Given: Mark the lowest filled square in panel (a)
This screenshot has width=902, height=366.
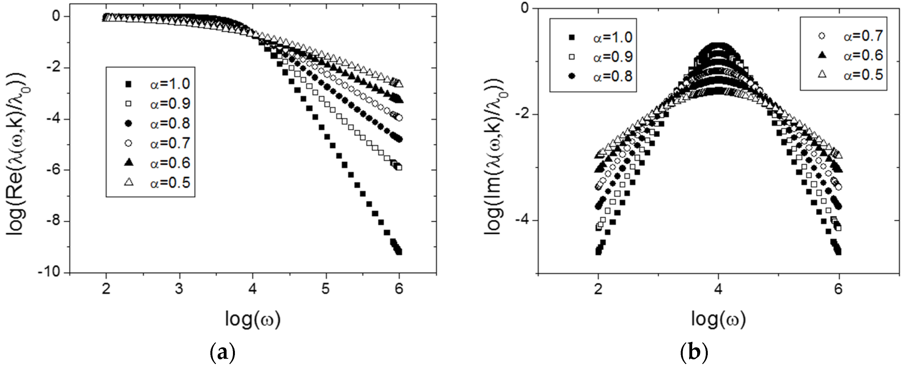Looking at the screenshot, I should click(x=399, y=252).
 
